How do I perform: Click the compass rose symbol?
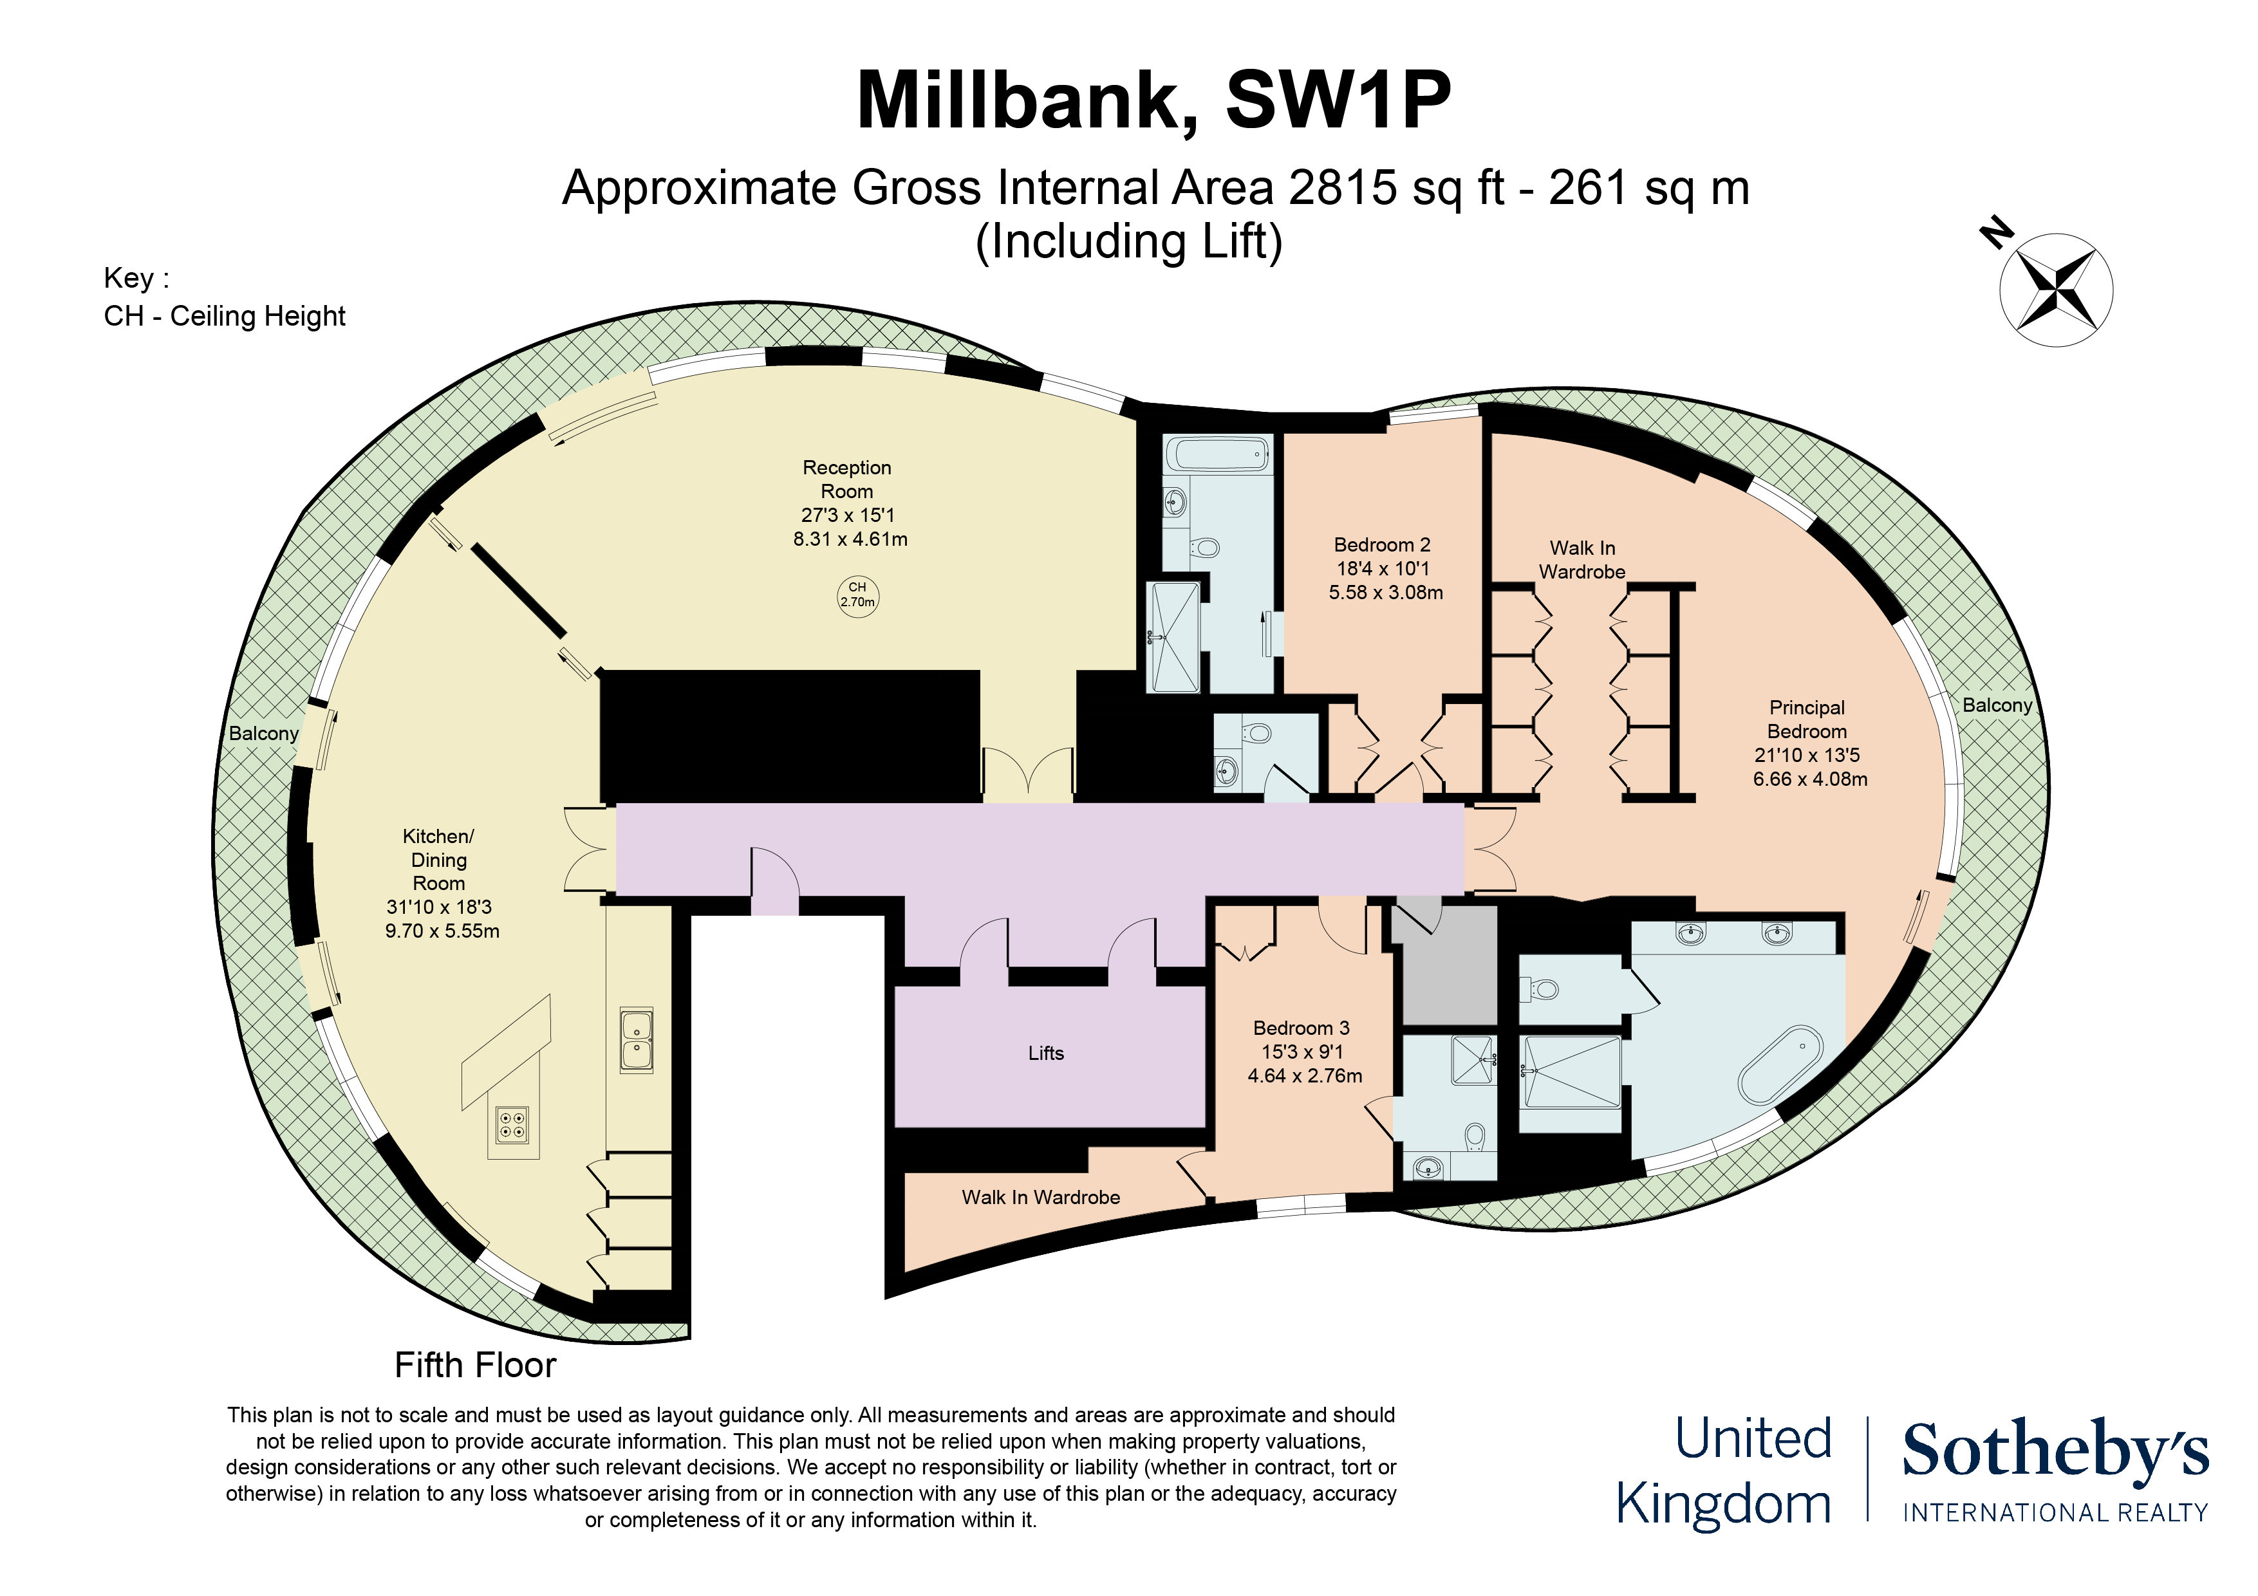[x=2055, y=290]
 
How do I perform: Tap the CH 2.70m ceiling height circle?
[x=857, y=596]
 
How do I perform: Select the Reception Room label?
[x=847, y=479]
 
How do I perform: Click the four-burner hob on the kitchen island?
[x=512, y=1123]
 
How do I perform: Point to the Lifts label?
[x=1045, y=1053]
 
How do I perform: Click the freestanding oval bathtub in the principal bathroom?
[x=1780, y=1066]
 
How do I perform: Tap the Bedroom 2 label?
[x=1382, y=545]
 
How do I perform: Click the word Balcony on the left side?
[x=263, y=734]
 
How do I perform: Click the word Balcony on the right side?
[x=1997, y=705]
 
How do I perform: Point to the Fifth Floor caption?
[x=475, y=1365]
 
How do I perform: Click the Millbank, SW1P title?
[x=1153, y=100]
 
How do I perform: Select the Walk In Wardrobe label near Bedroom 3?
[x=1040, y=1198]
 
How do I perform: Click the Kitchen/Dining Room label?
[x=438, y=860]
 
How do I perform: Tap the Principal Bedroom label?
[x=1807, y=720]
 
